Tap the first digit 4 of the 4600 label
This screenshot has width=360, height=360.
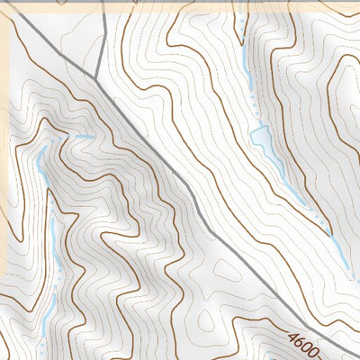pyautogui.click(x=294, y=337)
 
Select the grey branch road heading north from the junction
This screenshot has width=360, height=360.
pyautogui.click(x=101, y=40)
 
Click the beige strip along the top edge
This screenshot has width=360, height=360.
pyautogui.click(x=180, y=4)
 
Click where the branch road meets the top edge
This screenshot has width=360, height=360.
pyautogui.click(x=103, y=3)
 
